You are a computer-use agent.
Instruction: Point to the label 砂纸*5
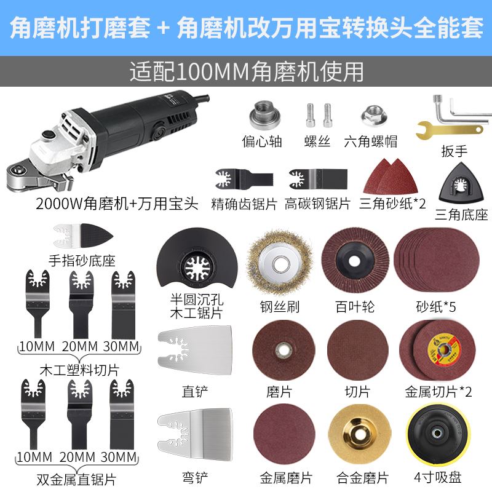point(435,306)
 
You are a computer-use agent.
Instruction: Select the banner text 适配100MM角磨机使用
point(246,72)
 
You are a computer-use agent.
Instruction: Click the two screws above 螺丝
point(318,114)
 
